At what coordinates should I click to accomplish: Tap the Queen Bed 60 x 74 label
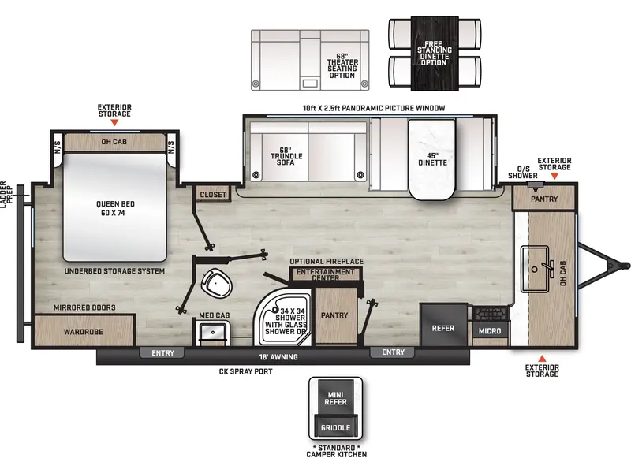click(115, 208)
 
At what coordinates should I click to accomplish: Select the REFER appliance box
click(444, 324)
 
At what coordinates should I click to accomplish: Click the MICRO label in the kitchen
click(490, 331)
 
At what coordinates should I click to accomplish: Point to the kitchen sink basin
click(535, 269)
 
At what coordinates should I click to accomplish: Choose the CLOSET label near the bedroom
click(213, 195)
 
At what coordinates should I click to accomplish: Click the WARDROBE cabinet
click(84, 330)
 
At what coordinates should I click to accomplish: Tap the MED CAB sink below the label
click(213, 333)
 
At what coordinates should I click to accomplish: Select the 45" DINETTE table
click(431, 159)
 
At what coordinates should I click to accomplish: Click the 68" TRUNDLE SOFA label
click(286, 156)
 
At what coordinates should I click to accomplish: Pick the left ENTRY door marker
click(162, 352)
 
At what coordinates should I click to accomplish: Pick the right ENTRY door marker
click(393, 352)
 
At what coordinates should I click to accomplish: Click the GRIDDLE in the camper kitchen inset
click(335, 427)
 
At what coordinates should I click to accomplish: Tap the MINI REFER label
click(335, 398)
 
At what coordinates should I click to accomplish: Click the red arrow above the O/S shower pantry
click(554, 176)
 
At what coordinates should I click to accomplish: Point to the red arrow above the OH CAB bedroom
click(114, 123)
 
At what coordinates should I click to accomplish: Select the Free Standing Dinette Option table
click(435, 53)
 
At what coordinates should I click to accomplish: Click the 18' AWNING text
click(278, 357)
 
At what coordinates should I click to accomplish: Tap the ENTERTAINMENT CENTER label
click(325, 274)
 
